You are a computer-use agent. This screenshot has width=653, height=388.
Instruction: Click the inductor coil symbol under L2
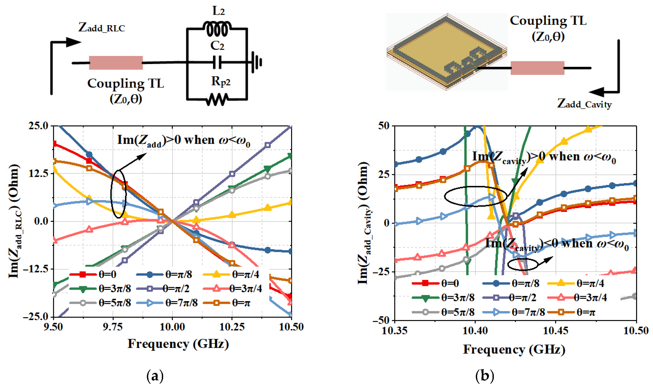(217, 29)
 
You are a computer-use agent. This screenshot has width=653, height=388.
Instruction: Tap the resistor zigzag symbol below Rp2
(217, 100)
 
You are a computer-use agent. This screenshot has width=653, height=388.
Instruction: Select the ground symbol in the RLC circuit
(256, 62)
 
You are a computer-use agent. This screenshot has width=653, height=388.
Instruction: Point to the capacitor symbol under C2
(217, 62)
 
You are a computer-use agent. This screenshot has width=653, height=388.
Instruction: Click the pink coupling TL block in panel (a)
(116, 63)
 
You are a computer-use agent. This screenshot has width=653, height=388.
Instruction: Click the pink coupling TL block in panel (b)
(537, 68)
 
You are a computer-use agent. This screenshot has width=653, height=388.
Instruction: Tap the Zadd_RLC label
(102, 27)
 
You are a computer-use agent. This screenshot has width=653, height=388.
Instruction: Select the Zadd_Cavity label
(584, 104)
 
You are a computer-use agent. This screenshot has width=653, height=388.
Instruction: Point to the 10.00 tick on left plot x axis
(172, 327)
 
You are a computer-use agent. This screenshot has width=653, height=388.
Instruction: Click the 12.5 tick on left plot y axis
(38, 174)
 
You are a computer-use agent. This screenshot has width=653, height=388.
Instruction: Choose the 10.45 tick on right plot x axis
(555, 331)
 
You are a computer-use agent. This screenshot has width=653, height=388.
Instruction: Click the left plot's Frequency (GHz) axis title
(178, 344)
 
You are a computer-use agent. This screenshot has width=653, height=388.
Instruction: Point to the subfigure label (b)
(484, 376)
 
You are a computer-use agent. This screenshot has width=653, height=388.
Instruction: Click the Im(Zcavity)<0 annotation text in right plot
(557, 244)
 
